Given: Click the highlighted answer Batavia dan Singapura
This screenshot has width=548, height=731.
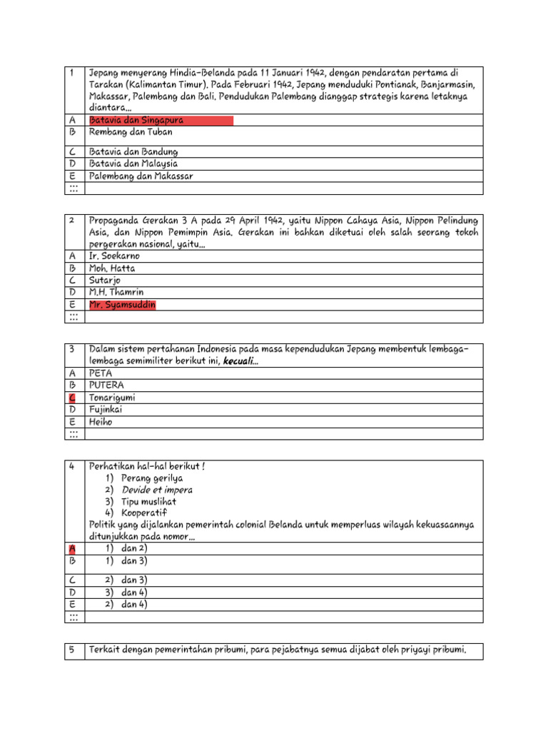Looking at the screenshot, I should (x=136, y=120).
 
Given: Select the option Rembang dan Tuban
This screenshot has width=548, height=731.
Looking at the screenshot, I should (x=131, y=132).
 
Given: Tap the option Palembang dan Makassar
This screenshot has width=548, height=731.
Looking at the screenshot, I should (x=141, y=176).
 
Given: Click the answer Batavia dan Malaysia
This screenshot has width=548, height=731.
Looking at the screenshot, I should (x=133, y=163).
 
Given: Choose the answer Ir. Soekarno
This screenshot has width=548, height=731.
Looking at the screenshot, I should (x=114, y=256).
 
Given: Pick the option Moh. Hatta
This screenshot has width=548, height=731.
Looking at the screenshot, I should (x=112, y=268).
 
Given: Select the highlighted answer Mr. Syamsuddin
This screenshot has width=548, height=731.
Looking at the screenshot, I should (x=122, y=305).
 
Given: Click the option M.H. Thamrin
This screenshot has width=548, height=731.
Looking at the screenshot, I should (x=116, y=293).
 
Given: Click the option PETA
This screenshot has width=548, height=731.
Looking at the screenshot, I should (x=101, y=373).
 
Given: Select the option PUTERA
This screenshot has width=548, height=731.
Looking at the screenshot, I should (x=106, y=385).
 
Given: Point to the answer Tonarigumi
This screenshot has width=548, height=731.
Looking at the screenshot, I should (x=112, y=397).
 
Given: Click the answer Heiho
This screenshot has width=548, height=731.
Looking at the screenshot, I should (x=101, y=421).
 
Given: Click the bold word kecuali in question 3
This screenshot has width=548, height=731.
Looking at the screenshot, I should (x=241, y=361).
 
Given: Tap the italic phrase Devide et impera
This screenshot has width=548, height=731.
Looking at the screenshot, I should (x=157, y=490).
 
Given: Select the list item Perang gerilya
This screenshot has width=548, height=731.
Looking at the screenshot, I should (x=151, y=478).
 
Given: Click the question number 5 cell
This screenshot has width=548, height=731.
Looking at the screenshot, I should (x=72, y=650).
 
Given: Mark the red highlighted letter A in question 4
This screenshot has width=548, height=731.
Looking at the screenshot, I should (x=72, y=549).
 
